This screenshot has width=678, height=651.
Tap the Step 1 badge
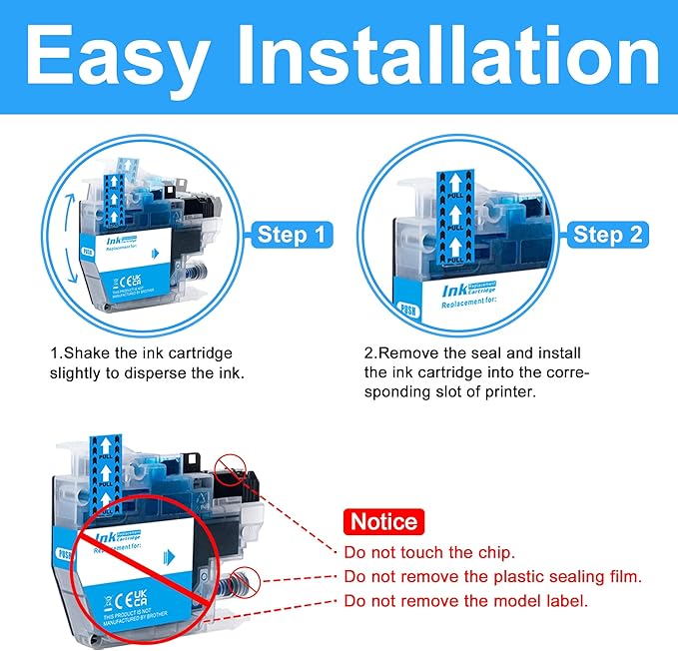292,236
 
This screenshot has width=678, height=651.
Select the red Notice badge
383,521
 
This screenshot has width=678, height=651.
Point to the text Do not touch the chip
429,552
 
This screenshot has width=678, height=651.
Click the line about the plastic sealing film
492,576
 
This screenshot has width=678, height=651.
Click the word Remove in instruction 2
408,353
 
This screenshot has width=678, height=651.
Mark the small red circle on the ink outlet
247,580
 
